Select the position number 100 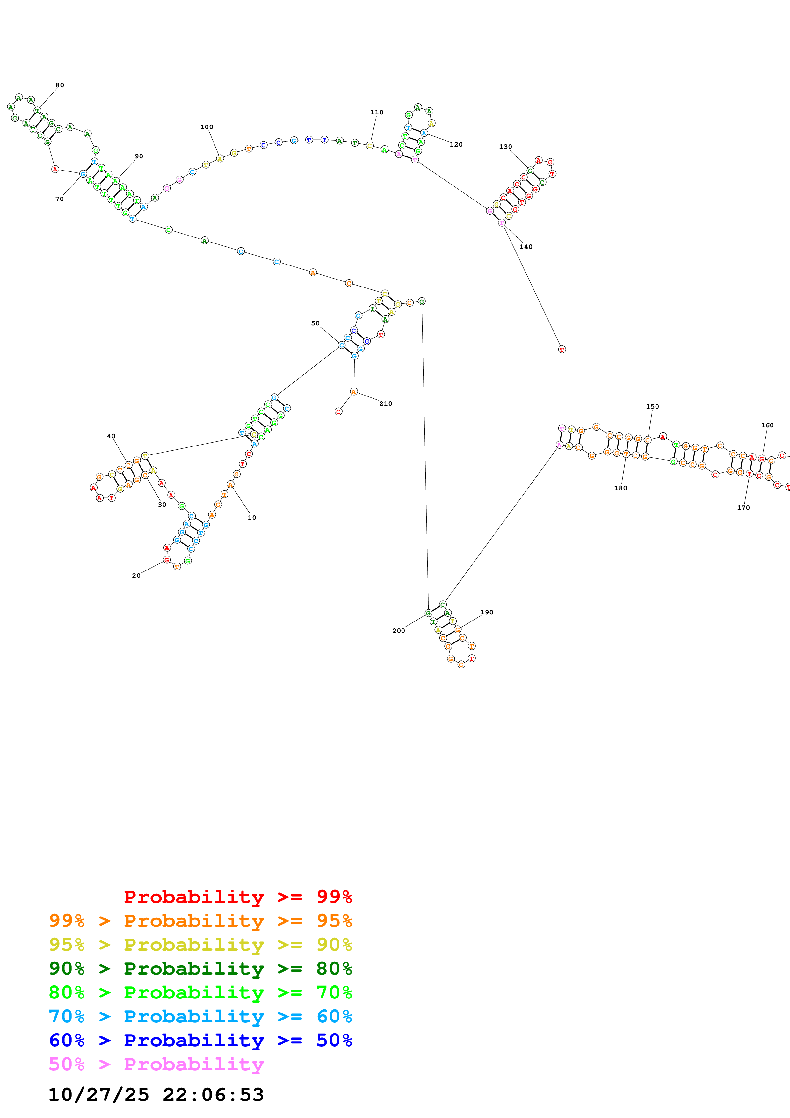pos(207,127)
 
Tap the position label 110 pos(377,113)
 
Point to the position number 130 pos(505,147)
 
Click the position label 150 pos(652,407)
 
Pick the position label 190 pos(487,613)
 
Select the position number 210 pos(386,404)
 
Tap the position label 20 pos(136,576)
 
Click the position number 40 pos(111,436)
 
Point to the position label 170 pos(743,508)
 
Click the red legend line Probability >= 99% pos(237,897)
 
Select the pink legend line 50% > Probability pos(156,1064)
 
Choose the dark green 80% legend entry pos(200,969)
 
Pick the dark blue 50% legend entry pos(200,1040)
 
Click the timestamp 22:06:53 pos(213,1095)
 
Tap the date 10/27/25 pos(99,1095)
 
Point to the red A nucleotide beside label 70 pos(55,170)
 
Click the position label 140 pos(526,247)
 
